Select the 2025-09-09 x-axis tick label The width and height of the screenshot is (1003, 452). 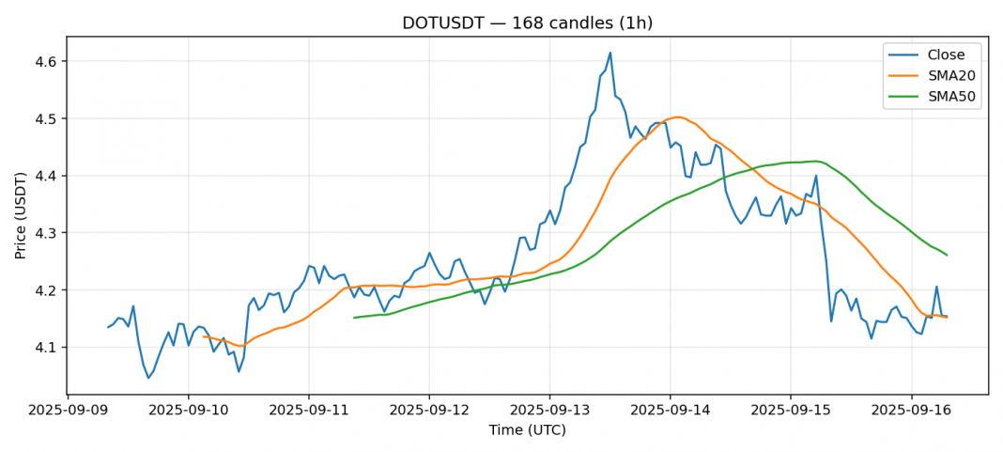coord(68,411)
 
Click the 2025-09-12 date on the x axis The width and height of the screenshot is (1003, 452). coord(429,411)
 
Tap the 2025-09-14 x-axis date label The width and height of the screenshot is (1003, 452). coord(670,411)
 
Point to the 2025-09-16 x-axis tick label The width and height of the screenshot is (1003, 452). coord(911,411)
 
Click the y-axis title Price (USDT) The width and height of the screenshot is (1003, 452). coord(21,215)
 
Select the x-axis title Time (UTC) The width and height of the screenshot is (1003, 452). coord(527,430)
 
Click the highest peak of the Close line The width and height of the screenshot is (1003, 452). coord(610,53)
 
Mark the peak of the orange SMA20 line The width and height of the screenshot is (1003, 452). coord(676,117)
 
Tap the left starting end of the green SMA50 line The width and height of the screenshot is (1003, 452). coord(354,318)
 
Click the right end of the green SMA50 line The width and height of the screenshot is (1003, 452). coord(947,255)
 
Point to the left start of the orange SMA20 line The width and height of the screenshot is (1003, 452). coord(203,336)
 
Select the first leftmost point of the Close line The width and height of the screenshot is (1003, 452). coord(108,327)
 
